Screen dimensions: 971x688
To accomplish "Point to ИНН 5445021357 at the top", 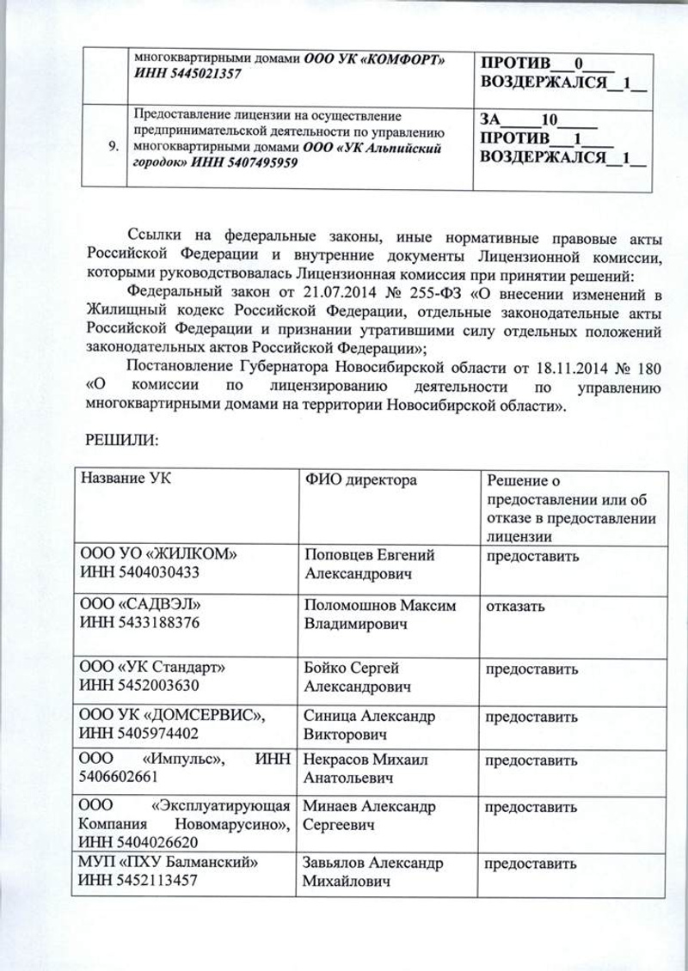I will [187, 76].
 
